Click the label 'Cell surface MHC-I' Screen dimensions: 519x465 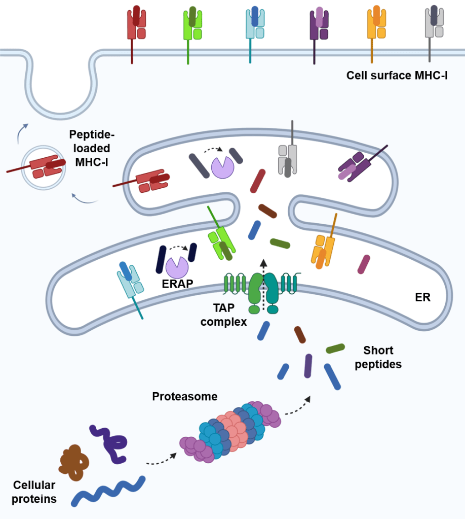tap(397, 76)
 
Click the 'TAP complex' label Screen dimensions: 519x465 tap(223, 315)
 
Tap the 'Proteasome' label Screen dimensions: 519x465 tap(185, 396)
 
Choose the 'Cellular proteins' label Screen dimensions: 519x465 tap(35, 491)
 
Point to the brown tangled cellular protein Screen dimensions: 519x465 tap(74, 462)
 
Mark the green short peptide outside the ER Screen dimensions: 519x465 tap(335, 349)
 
